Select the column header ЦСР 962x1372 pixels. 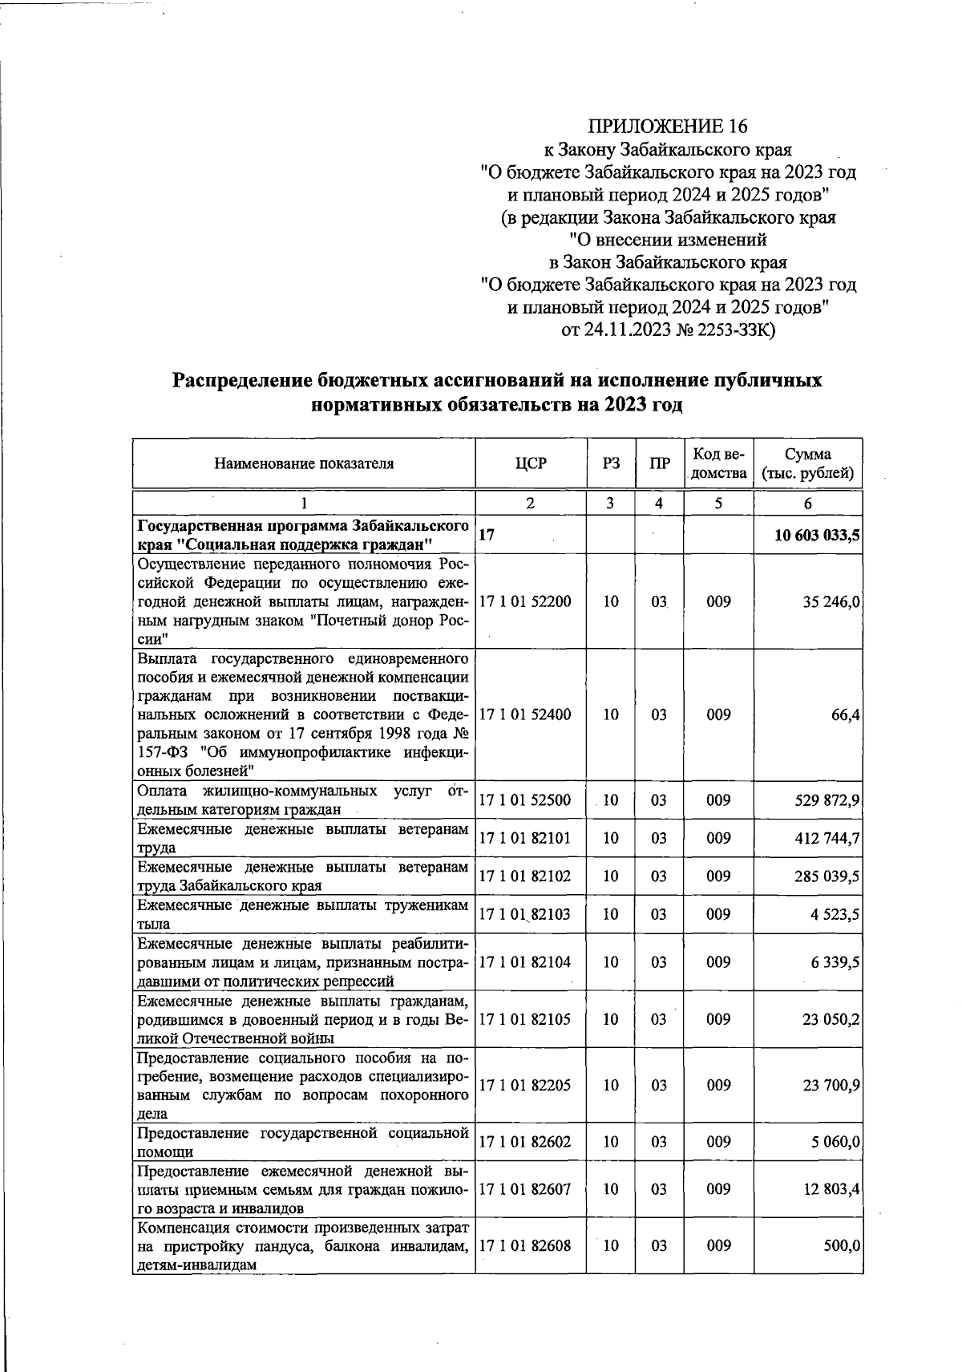tap(530, 463)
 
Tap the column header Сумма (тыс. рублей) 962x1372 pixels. tap(807, 463)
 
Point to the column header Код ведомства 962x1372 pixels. tap(718, 463)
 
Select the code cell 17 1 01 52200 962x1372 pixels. tap(525, 601)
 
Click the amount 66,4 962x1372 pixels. tap(846, 714)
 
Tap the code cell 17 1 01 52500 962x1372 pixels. tap(525, 800)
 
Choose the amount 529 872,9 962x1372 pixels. tap(827, 800)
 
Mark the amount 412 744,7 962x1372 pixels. tap(827, 838)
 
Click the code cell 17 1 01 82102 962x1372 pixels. tap(525, 876)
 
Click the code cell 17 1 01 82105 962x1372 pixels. tap(525, 1019)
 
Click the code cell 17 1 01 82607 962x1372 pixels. tap(525, 1189)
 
